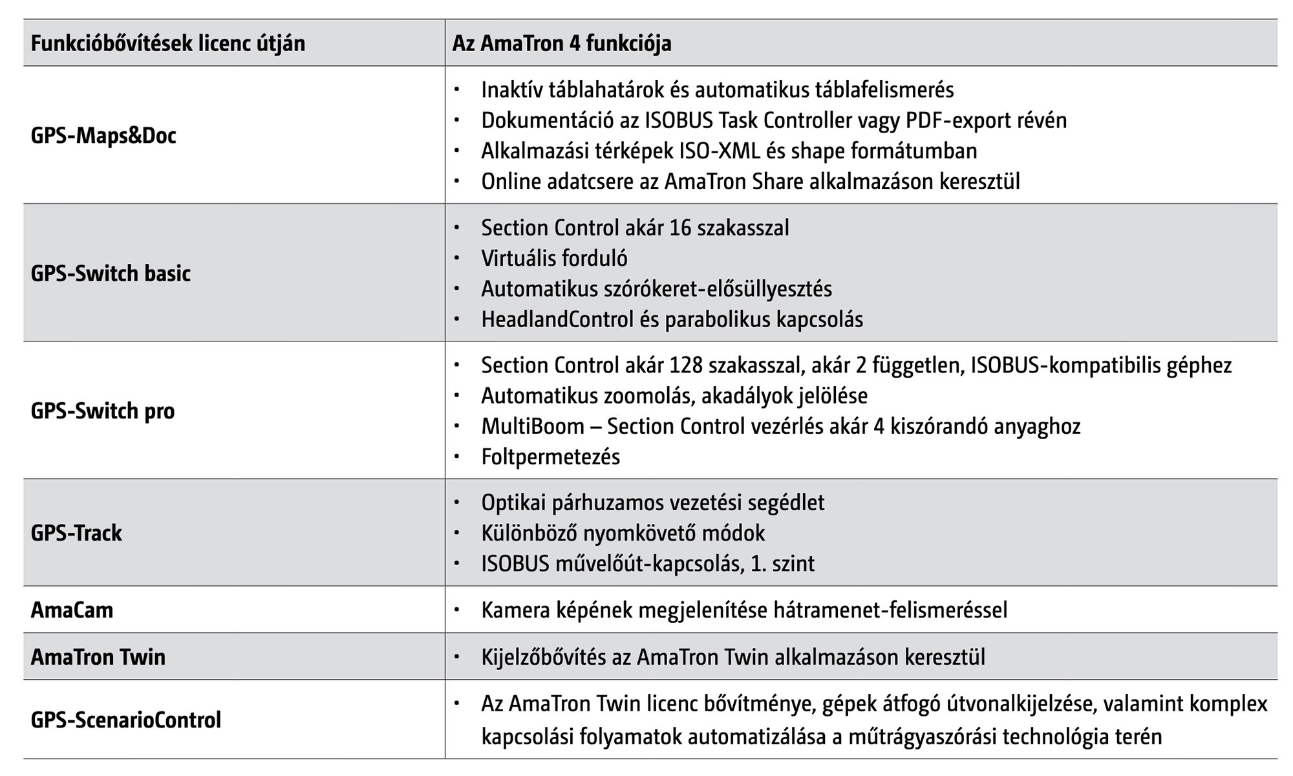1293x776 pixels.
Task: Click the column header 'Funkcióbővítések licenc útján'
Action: click(168, 43)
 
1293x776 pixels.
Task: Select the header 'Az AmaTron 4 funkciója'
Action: click(562, 43)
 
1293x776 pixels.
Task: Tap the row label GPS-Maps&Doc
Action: click(103, 136)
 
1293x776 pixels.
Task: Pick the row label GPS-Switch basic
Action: click(111, 274)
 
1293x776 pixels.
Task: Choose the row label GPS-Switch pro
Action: click(103, 411)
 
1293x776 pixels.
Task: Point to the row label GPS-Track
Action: click(76, 533)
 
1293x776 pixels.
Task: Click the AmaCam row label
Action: click(72, 610)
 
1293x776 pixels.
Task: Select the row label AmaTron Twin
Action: click(98, 657)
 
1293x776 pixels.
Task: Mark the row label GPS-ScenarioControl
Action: click(126, 720)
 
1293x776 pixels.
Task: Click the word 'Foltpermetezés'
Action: click(550, 457)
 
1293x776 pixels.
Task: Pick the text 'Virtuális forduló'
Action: click(554, 259)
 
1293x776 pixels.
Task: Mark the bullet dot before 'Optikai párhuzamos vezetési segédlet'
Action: click(457, 502)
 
